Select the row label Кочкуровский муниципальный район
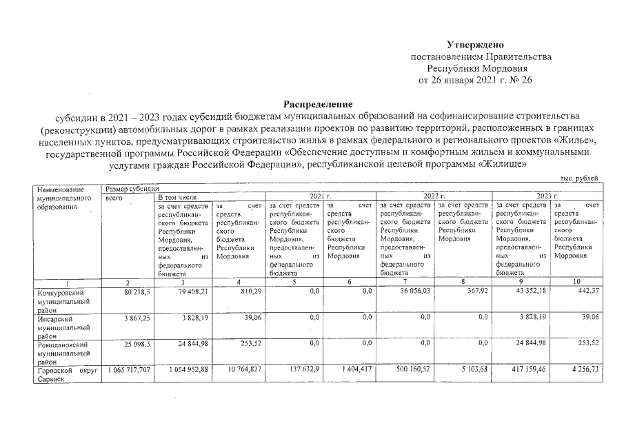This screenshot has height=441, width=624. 65,301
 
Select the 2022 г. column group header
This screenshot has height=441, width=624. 432,196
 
